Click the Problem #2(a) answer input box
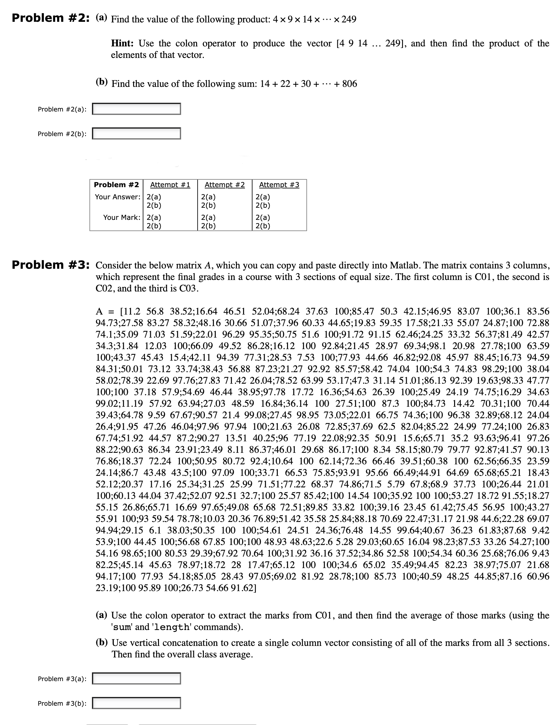136,109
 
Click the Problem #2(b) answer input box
136,134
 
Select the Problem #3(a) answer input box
136,679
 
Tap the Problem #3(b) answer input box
136,703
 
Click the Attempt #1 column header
170,185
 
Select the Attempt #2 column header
224,185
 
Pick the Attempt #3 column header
279,185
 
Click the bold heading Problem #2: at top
51,18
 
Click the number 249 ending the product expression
349,19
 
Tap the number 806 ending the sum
349,84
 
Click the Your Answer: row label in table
118,197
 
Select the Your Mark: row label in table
122,217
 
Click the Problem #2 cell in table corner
116,185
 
